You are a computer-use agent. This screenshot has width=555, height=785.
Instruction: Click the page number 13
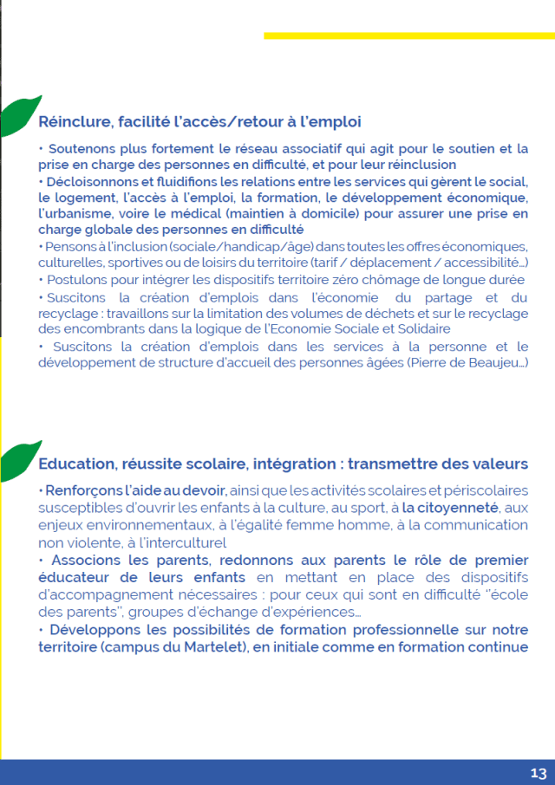pos(538,773)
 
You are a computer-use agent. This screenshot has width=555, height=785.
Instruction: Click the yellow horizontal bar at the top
pos(408,36)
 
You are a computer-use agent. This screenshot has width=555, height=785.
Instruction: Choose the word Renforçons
pos(88,490)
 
